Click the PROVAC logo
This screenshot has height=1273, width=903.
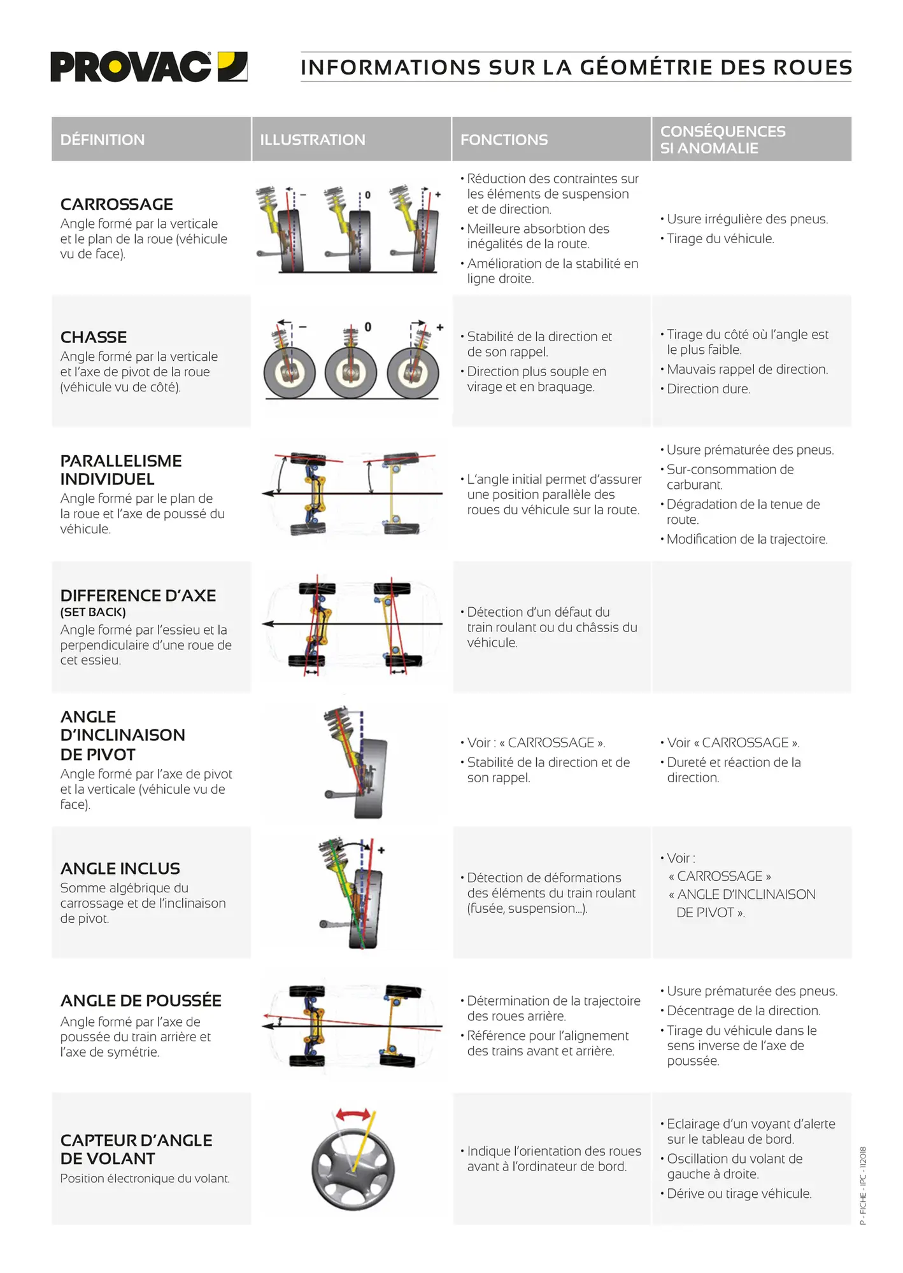coord(148,67)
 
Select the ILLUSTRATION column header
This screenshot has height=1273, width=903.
coord(312,140)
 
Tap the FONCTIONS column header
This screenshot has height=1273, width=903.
coord(504,140)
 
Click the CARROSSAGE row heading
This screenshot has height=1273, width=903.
coord(117,204)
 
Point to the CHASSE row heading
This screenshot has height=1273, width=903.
coord(94,337)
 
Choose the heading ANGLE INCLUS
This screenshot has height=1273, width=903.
coord(120,869)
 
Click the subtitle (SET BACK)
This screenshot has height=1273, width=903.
coord(93,612)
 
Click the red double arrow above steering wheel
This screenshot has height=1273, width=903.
coord(353,1115)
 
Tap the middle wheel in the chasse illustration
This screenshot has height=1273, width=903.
coord(351,372)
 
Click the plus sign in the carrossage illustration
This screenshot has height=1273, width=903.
coord(437,194)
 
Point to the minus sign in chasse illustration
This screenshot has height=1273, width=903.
coord(302,327)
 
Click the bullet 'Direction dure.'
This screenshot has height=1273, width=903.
coord(708,389)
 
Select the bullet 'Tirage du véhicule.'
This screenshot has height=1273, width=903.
coord(720,239)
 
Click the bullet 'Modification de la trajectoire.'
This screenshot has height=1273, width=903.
coord(746,539)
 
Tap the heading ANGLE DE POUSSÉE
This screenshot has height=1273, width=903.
coord(141,1001)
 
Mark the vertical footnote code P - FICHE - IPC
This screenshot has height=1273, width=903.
coord(864,1186)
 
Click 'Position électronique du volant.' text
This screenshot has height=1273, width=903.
coord(145,1179)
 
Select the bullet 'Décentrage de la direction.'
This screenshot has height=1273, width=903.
coord(743,1011)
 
